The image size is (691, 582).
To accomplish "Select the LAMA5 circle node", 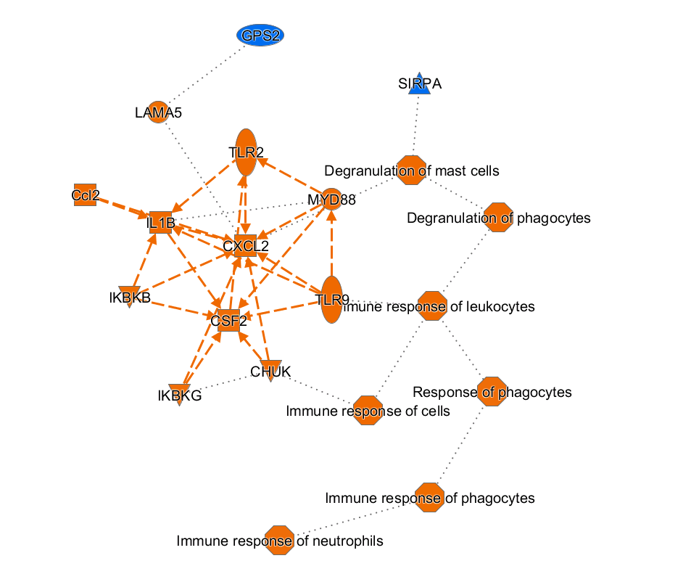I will [158, 112].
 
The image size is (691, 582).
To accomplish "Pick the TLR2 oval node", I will [247, 152].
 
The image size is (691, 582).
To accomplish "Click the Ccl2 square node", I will [86, 194].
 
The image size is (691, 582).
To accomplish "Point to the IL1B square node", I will [161, 222].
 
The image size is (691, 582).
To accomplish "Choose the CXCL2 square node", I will [245, 246].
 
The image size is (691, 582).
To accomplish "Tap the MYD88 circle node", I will [331, 199].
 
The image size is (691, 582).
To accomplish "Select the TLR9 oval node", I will [331, 299].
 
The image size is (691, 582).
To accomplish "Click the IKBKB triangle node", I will [130, 296].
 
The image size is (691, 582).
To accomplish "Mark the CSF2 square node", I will [229, 319].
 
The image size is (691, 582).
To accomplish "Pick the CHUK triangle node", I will [270, 370].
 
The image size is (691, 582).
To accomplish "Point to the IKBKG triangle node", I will [179, 394].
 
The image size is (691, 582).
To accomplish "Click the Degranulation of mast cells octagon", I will [411, 171].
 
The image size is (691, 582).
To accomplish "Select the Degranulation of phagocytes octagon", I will [498, 218].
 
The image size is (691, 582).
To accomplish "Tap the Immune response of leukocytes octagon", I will [434, 306].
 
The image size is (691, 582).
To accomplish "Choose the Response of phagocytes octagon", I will [492, 392].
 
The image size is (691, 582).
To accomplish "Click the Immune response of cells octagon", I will [368, 411].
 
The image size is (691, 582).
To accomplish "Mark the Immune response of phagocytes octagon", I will [429, 498].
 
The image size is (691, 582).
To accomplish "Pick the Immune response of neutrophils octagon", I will [280, 541].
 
